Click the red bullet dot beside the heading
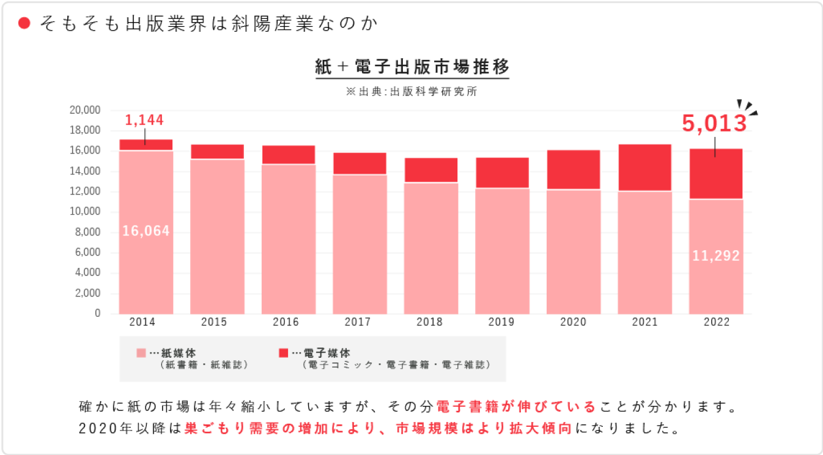click(24, 23)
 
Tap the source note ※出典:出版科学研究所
click(412, 92)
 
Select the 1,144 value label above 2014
click(144, 120)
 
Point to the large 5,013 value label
click(715, 124)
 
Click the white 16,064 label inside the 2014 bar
click(146, 231)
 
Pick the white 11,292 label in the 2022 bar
click(716, 256)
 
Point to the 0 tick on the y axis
click(97, 314)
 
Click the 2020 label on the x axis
click(573, 322)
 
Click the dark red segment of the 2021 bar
click(644, 168)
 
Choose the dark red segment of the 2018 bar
click(431, 170)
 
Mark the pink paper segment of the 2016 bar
click(288, 239)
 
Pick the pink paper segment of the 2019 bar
click(502, 251)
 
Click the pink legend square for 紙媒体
click(141, 353)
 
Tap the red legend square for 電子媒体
click(283, 353)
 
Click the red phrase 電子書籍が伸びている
click(515, 407)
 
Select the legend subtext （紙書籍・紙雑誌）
click(204, 365)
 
